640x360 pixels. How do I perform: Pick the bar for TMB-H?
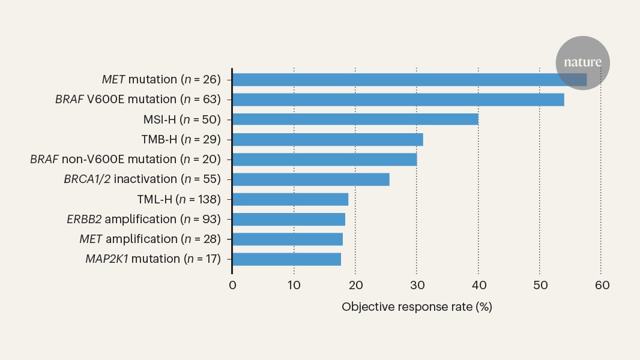(x=328, y=139)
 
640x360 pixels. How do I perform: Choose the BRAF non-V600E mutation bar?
(x=325, y=159)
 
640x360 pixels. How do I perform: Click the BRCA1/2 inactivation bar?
(x=311, y=179)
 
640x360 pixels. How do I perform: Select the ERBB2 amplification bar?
(x=289, y=219)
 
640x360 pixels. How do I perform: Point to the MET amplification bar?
(x=288, y=239)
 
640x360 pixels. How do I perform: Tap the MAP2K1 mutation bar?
(x=287, y=259)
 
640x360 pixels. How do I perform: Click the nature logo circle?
(x=582, y=62)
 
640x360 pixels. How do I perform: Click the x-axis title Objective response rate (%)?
(x=417, y=307)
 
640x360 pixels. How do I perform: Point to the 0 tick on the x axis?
(x=232, y=285)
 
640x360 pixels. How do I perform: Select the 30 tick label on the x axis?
(x=417, y=285)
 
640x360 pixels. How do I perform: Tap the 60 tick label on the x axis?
(x=602, y=285)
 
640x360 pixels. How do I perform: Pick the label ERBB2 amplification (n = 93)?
(x=143, y=219)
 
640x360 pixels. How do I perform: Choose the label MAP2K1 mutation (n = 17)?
(x=152, y=259)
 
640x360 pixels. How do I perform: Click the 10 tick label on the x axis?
(x=294, y=285)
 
